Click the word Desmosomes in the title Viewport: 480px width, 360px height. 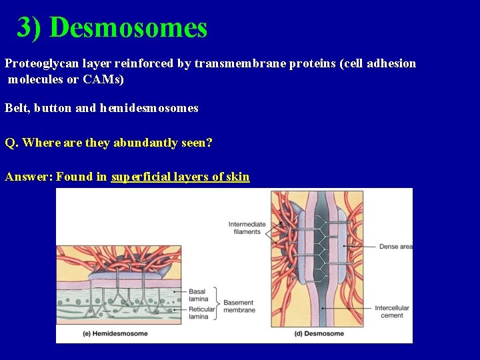click(x=128, y=28)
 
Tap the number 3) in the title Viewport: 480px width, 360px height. click(x=30, y=28)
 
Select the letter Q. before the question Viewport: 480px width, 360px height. click(x=11, y=143)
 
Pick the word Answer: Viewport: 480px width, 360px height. click(x=29, y=177)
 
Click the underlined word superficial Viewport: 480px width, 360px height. click(x=140, y=177)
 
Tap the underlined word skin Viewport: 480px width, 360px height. click(x=237, y=177)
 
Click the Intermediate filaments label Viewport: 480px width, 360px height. click(x=247, y=228)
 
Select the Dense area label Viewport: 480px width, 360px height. click(x=396, y=247)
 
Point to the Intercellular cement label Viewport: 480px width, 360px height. click(x=392, y=312)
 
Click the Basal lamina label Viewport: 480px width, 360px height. click(x=197, y=295)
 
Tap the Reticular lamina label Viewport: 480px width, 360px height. click(x=202, y=313)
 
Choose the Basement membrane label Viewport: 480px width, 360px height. click(x=239, y=307)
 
